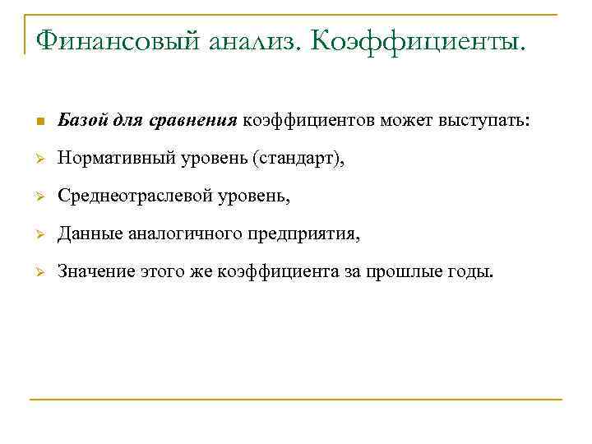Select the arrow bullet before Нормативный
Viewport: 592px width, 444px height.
(x=39, y=161)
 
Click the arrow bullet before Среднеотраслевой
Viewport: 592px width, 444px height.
(x=39, y=198)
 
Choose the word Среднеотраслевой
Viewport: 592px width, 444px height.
(x=133, y=197)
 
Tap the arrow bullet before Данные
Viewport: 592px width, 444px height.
(x=39, y=236)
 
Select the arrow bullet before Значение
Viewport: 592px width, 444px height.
(x=39, y=274)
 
